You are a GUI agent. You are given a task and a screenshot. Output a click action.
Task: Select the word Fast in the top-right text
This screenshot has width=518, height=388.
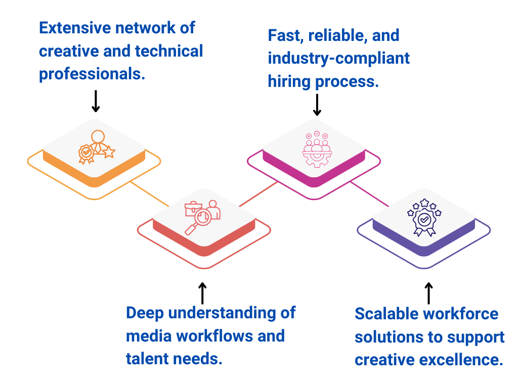coord(284,35)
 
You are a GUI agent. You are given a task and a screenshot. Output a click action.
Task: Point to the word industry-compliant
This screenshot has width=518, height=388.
coord(338,58)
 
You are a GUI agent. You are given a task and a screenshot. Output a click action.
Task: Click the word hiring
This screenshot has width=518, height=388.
coord(289,81)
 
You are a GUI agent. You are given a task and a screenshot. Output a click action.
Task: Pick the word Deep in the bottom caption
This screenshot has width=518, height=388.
coord(144,313)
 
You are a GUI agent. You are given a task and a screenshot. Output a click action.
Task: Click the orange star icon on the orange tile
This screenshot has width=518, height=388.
coord(109,152)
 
